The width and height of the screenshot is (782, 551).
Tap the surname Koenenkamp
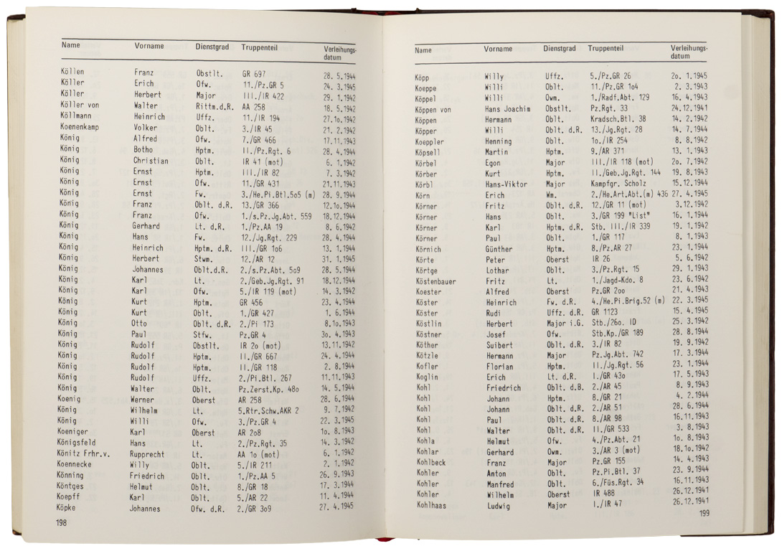pos(85,128)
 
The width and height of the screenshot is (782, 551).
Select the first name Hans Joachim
pos(507,109)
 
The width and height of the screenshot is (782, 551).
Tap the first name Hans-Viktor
pos(507,184)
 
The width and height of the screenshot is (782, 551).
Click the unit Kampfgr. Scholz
pos(616,184)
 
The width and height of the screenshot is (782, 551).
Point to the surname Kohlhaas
pos(433,505)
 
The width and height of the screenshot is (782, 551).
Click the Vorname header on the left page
pos(149,46)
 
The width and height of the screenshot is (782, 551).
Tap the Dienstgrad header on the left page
pos(212,47)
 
